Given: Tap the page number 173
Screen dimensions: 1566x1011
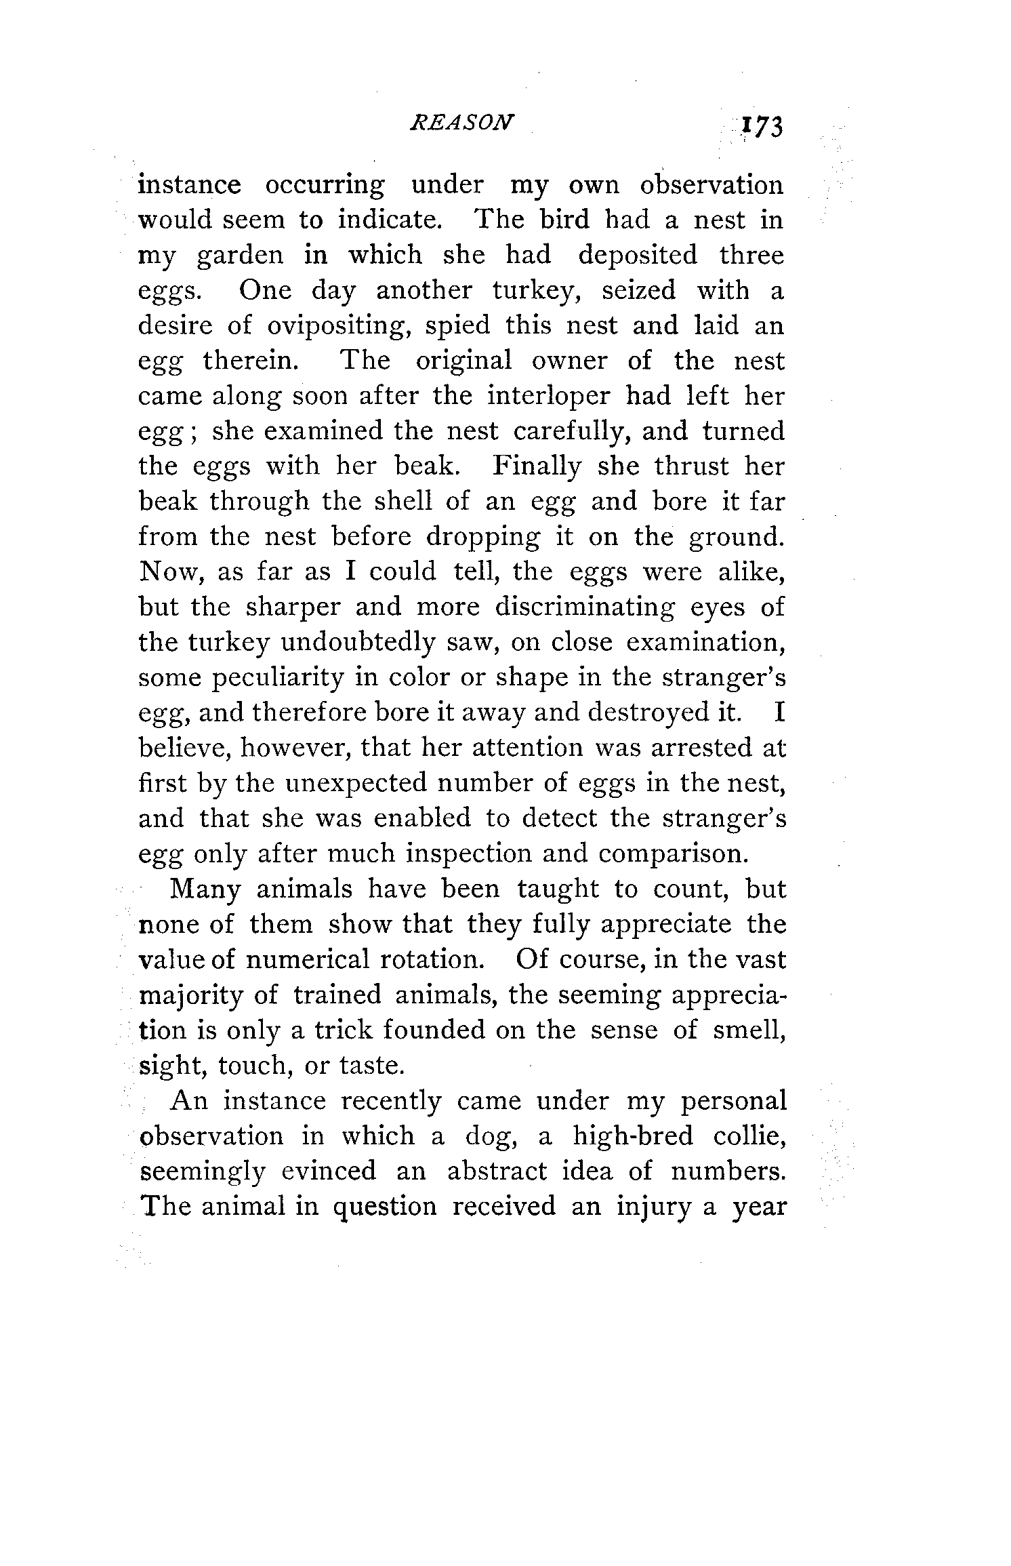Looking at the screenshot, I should [762, 127].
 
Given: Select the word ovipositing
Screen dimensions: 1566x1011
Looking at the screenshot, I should [337, 326].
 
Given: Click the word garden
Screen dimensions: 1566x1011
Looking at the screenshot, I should [240, 256].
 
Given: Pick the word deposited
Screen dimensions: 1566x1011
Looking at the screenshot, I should [637, 255].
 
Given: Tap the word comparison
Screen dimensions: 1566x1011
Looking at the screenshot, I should [674, 854].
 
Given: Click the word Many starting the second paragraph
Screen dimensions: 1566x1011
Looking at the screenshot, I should [205, 889].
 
